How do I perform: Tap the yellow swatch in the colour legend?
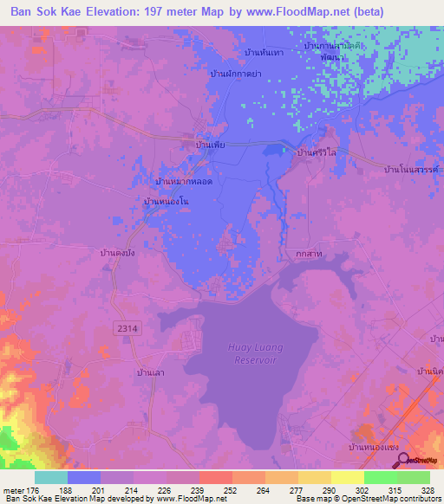(347, 477)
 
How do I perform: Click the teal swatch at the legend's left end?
(51, 477)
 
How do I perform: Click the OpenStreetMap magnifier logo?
(403, 459)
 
